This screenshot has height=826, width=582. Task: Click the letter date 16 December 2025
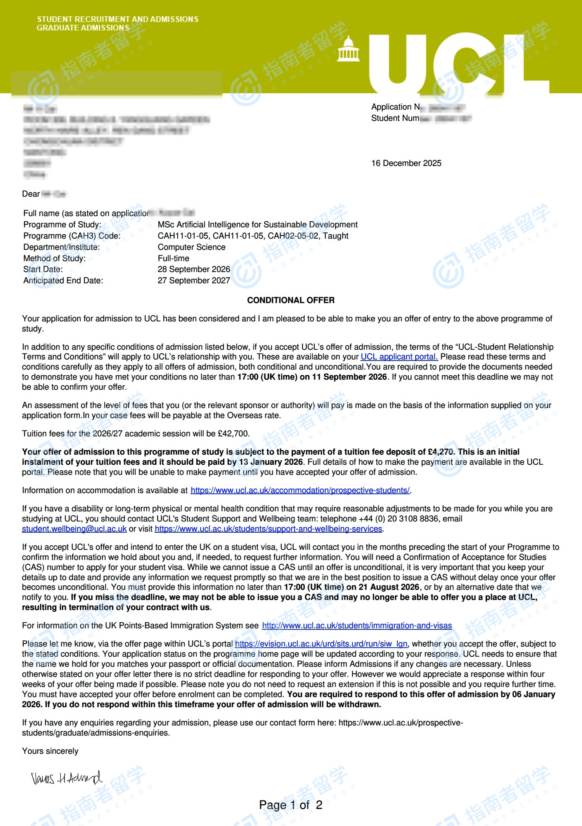(406, 163)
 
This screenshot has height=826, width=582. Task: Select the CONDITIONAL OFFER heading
(291, 300)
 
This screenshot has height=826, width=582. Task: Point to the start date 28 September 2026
(194, 269)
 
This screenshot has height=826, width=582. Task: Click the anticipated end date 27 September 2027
(194, 281)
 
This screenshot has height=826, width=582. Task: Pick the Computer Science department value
(191, 247)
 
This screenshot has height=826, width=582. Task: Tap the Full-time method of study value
(173, 258)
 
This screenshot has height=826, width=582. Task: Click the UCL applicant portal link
(399, 357)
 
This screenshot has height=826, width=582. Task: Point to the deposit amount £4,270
(440, 452)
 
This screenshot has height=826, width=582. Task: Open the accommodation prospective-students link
(300, 490)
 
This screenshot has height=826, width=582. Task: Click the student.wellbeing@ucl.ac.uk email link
(74, 529)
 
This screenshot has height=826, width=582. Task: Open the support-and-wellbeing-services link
(268, 529)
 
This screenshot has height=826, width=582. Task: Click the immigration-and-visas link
(357, 626)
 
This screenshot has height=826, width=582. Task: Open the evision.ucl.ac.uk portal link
(321, 644)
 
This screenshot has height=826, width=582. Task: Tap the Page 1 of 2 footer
(291, 805)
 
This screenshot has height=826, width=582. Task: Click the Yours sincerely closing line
(50, 751)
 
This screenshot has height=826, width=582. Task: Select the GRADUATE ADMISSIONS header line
(83, 28)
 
